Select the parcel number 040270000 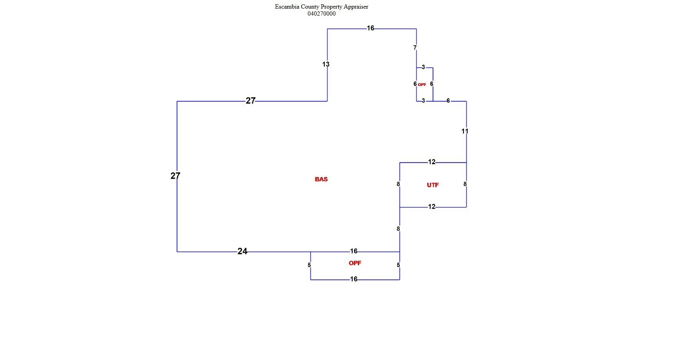(x=321, y=14)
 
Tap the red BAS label (x=321, y=179)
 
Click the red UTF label (x=433, y=185)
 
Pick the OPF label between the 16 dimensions (x=355, y=263)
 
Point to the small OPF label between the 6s (x=422, y=85)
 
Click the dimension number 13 (x=326, y=64)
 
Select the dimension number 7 (x=415, y=48)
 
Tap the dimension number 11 (x=465, y=131)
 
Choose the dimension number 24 (x=242, y=251)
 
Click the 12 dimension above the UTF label (x=431, y=162)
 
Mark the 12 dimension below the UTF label (x=431, y=207)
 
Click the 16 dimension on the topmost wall (x=370, y=28)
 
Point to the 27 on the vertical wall (x=175, y=176)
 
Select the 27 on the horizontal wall (x=251, y=101)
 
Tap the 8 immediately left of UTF (x=398, y=184)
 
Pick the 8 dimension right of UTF (x=465, y=184)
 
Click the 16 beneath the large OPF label (x=354, y=279)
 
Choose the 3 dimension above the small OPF (x=423, y=67)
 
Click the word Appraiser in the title (x=356, y=7)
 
